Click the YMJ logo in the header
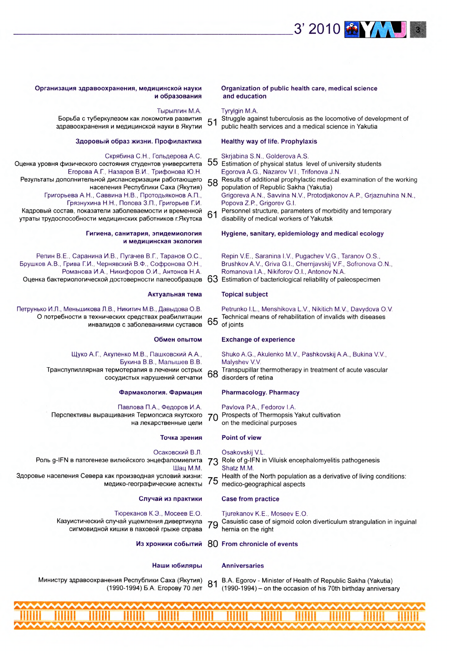pyautogui.click(x=375, y=29)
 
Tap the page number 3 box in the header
pyautogui.click(x=418, y=29)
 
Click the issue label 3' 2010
pyautogui.click(x=317, y=29)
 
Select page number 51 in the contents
pyautogui.click(x=212, y=122)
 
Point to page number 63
pyautogui.click(x=213, y=279)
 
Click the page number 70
pyautogui.click(x=213, y=418)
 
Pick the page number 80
pyautogui.click(x=213, y=544)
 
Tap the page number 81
pyautogui.click(x=213, y=584)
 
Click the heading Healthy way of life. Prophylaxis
pyautogui.click(x=269, y=141)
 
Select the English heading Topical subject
pyautogui.click(x=244, y=294)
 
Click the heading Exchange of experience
pyautogui.click(x=258, y=340)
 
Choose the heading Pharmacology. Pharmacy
pyautogui.click(x=260, y=393)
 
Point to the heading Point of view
pyautogui.click(x=241, y=438)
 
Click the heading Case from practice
pyautogui.click(x=250, y=499)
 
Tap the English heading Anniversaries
pyautogui.click(x=242, y=566)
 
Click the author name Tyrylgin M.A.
pyautogui.click(x=240, y=111)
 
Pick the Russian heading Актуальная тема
pyautogui.click(x=175, y=294)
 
